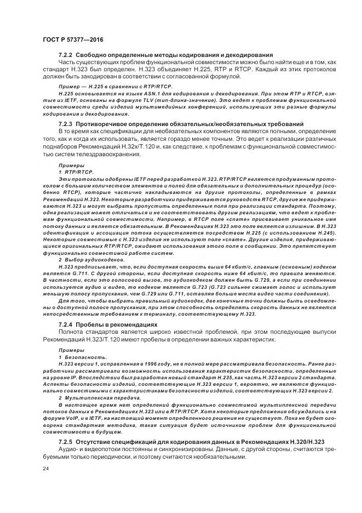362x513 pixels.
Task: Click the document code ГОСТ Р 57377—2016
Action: click(x=72, y=40)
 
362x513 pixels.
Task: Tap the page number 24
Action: click(x=45, y=469)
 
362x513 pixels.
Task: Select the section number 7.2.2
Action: click(x=66, y=55)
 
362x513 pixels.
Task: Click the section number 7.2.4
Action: click(x=66, y=324)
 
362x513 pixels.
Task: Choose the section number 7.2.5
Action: click(x=66, y=441)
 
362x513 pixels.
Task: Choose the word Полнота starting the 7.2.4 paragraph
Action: click(x=71, y=332)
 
